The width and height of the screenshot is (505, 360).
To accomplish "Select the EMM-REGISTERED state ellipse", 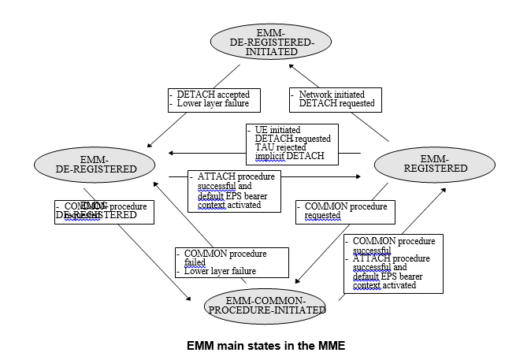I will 423,163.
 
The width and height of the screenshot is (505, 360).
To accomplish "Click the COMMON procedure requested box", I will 345,212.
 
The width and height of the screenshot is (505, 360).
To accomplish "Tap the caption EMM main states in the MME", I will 265,345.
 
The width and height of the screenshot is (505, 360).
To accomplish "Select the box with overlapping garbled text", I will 104,211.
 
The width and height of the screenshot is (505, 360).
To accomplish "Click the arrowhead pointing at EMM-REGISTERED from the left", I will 367,176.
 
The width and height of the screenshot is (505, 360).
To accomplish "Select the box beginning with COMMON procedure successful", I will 392,263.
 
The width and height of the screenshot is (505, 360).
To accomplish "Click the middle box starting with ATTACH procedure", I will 234,190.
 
